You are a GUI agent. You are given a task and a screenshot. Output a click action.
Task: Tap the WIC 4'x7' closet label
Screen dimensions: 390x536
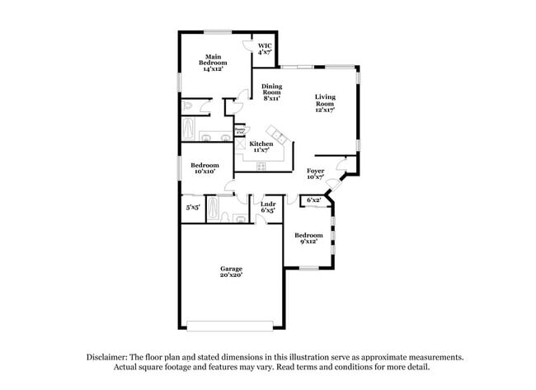[x=265, y=49]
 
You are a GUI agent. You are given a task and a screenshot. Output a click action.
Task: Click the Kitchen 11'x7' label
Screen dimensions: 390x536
[x=261, y=147]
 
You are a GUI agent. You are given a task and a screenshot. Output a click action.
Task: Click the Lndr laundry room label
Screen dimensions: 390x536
[x=268, y=207]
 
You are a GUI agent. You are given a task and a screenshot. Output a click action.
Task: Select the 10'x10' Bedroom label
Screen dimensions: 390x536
[x=205, y=167]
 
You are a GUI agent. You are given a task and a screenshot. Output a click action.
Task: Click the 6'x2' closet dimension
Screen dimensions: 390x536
[x=313, y=200]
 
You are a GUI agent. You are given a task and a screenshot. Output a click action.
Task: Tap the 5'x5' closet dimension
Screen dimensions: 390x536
[x=193, y=208]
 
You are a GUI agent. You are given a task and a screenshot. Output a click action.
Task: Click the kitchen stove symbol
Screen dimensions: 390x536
[x=261, y=166]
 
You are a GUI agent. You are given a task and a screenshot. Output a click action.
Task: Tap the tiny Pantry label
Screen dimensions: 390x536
[x=240, y=129]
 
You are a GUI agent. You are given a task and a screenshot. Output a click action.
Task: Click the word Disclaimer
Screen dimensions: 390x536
[x=110, y=357]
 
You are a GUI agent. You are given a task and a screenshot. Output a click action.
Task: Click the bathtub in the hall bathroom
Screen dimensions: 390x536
[x=213, y=208]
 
